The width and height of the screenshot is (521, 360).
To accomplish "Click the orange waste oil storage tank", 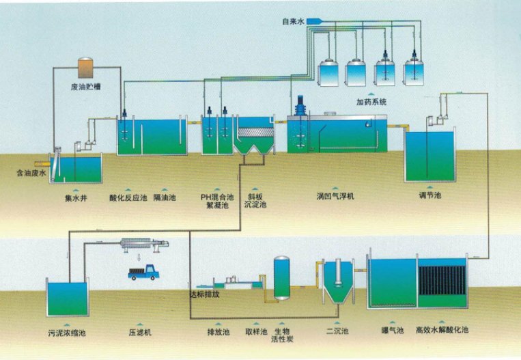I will point(87,68).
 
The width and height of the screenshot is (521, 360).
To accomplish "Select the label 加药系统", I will point(371,102).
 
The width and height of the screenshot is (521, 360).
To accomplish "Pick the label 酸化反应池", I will point(128,198).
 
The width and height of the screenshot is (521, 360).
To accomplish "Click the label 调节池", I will point(430,196).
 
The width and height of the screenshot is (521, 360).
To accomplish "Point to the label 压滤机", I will point(140,333).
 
